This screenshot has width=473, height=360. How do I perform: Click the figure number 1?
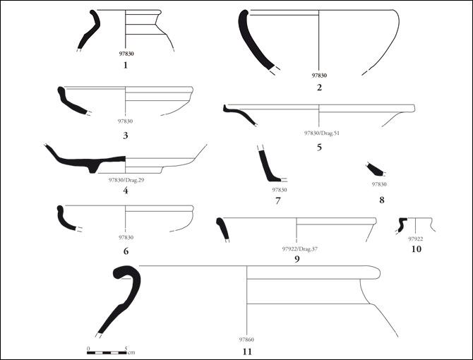126,65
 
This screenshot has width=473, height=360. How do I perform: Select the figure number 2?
319,88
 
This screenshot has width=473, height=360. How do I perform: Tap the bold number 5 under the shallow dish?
319,148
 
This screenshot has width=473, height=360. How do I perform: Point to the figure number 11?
247,352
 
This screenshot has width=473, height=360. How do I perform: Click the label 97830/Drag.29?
126,180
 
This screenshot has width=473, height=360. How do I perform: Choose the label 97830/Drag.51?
321,133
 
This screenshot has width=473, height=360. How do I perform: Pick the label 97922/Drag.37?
300,249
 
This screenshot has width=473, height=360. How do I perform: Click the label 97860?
246,340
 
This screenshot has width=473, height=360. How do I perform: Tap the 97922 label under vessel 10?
416,239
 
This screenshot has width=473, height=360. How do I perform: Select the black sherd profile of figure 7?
268,166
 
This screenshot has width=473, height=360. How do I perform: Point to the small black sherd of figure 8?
375,169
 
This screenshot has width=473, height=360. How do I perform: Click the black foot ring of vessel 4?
93,167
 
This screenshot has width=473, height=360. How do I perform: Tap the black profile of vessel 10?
402,224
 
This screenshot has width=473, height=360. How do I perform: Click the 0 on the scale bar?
88,349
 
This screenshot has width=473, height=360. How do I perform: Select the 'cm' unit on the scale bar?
131,352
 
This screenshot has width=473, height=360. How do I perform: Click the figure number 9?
297,259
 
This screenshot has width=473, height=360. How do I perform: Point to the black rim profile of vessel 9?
222,229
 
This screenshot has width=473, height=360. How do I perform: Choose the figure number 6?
126,251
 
